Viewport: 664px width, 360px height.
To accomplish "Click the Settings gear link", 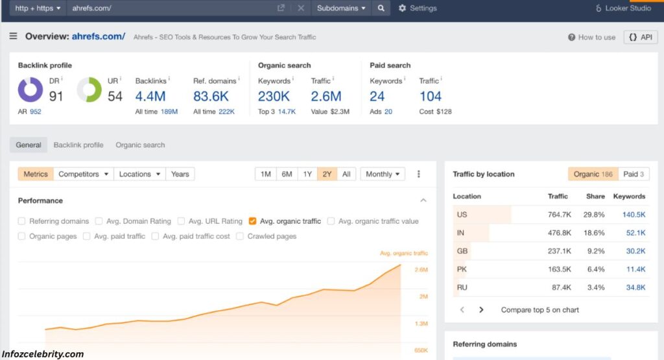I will click(418, 8).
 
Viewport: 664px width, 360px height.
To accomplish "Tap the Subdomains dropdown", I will click(341, 8).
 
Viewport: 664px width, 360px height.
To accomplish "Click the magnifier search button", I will click(381, 8).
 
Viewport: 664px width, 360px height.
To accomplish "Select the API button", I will click(640, 37).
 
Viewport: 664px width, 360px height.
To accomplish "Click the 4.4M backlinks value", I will click(150, 97).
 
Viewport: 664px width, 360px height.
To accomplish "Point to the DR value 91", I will click(56, 97).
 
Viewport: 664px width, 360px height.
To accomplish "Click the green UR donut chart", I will click(89, 90).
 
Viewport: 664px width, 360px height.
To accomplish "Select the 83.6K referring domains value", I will click(211, 97).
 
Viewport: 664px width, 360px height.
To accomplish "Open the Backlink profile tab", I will click(78, 145).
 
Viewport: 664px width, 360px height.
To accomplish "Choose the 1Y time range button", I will click(307, 174).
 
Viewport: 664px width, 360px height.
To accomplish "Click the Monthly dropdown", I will click(383, 174).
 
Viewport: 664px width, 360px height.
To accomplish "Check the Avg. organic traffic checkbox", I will click(253, 221).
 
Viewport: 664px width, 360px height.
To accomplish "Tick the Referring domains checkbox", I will click(22, 221).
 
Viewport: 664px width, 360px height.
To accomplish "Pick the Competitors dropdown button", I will click(82, 174).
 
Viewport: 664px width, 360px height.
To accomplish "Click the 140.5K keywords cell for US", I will click(634, 215).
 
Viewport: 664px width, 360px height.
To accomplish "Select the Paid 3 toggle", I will click(634, 174).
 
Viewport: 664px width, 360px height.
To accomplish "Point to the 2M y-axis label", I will click(423, 296).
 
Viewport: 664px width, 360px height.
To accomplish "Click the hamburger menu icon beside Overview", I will click(14, 36).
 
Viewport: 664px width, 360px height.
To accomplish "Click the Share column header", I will click(595, 196).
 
